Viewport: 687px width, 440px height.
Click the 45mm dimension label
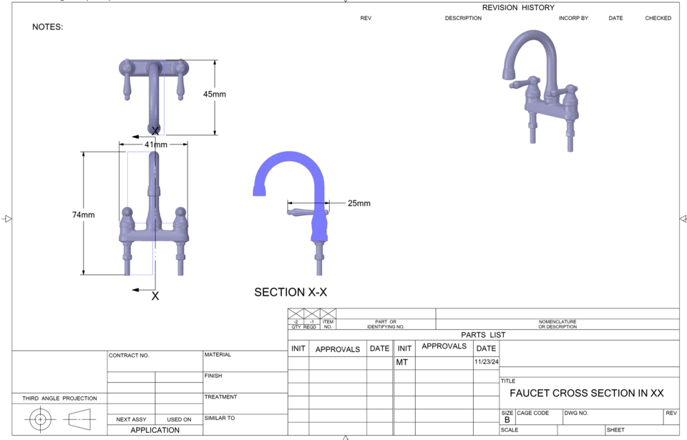coord(215,94)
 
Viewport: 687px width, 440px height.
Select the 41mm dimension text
coord(156,145)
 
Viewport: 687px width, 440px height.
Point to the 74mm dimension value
coord(83,215)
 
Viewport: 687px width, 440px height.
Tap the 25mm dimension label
coord(359,203)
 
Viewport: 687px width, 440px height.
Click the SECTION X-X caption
coord(291,292)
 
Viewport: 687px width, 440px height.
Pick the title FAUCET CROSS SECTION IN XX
coord(586,393)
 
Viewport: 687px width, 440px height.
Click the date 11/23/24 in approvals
coord(486,362)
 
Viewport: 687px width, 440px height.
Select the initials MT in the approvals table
coord(402,363)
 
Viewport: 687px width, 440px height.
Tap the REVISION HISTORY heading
coord(518,7)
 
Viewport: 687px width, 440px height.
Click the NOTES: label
coord(48,27)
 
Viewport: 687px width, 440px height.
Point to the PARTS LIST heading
coord(483,335)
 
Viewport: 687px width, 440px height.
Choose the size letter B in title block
coord(507,420)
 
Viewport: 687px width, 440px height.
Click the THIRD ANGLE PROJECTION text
coord(59,399)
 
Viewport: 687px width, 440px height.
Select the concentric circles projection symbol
coord(40,419)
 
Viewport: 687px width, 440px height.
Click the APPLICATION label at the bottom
coord(155,430)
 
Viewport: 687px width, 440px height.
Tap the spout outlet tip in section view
coord(259,191)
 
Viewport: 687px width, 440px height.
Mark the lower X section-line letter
coord(155,295)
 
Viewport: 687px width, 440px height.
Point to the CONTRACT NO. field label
coord(129,356)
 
